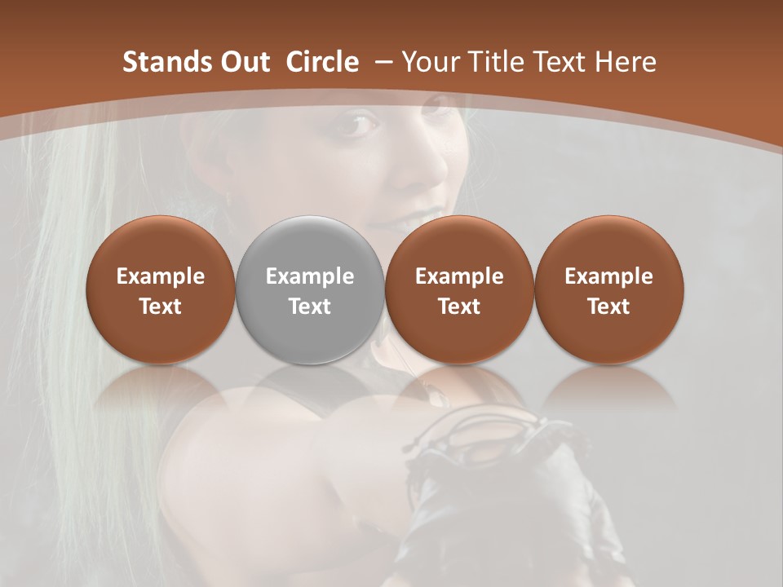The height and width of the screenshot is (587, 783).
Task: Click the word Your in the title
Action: pos(428,62)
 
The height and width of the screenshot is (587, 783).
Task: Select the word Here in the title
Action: pos(626,62)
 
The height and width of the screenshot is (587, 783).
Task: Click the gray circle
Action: pos(309,289)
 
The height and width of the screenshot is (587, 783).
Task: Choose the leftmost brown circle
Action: pos(160,289)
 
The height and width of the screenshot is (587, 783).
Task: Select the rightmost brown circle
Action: pos(608,289)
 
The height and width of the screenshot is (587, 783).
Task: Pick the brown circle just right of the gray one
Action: pos(459,289)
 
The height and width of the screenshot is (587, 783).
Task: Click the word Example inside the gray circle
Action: pos(309,276)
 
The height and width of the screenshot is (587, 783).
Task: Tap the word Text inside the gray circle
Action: pos(309,307)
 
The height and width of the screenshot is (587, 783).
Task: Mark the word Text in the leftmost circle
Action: pos(160,307)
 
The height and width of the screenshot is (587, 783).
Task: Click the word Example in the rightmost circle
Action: pos(608,276)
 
